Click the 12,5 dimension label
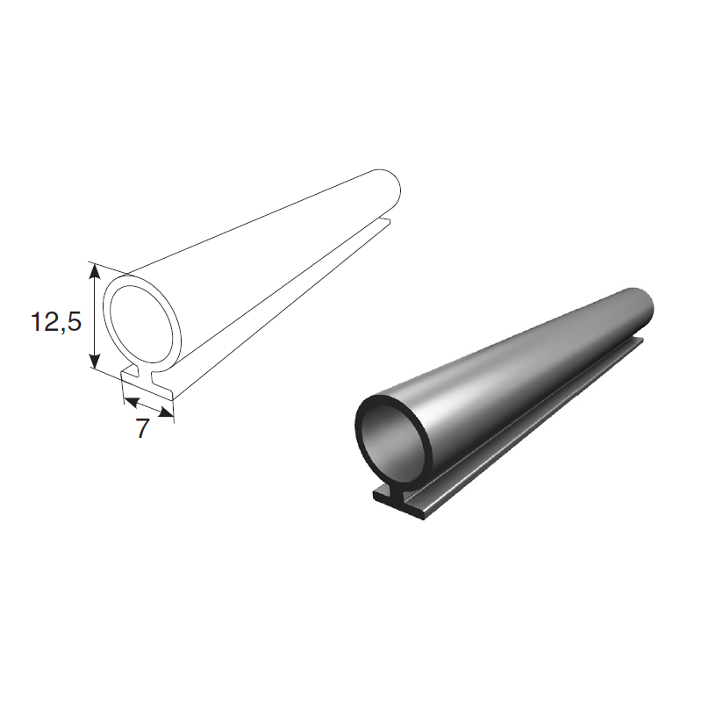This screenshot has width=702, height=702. (56, 321)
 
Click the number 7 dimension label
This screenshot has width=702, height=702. (142, 428)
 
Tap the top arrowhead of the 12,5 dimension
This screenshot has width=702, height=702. (95, 271)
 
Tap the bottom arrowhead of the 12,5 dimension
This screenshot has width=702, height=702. (95, 360)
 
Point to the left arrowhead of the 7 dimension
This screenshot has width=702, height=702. (131, 402)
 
